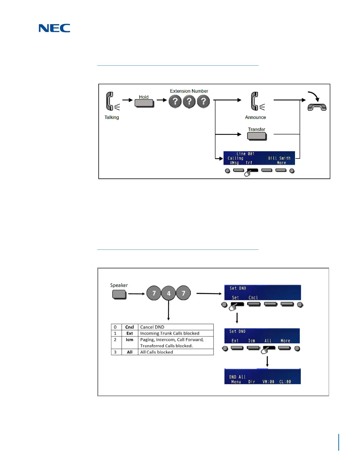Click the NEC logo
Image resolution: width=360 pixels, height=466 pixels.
tap(54, 28)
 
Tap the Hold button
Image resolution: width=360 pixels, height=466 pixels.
tap(144, 103)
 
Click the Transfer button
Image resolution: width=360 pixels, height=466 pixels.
tap(257, 136)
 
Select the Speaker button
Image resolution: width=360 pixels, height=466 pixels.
tap(119, 294)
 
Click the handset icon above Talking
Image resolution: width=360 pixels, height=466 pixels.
tap(110, 101)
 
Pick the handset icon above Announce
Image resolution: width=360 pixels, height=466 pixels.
tap(255, 101)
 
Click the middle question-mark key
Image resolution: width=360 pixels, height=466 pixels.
tap(189, 101)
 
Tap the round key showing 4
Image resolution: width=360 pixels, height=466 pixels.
tap(169, 293)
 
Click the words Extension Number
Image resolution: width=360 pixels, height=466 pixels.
tap(189, 91)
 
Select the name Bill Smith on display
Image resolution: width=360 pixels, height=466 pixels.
tap(279, 158)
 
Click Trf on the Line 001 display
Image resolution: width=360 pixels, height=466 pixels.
tap(249, 163)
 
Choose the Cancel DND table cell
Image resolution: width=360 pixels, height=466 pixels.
tap(176, 327)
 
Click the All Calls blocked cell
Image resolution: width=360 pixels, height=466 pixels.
tap(176, 352)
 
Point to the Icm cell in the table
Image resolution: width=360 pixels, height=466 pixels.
tap(129, 339)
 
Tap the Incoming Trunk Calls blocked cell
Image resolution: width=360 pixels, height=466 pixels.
tap(176, 333)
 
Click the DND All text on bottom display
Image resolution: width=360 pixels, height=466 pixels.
tap(237, 377)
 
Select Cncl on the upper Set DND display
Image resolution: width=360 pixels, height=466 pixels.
tap(253, 298)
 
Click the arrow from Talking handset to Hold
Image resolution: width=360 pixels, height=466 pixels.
tap(127, 100)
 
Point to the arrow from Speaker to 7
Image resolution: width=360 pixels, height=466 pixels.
tap(136, 294)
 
